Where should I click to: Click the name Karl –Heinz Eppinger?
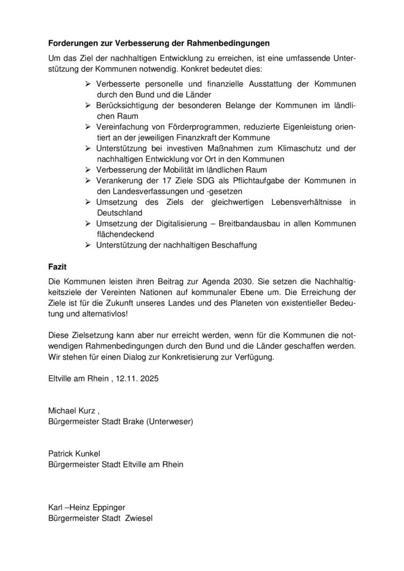(x=86, y=506)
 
